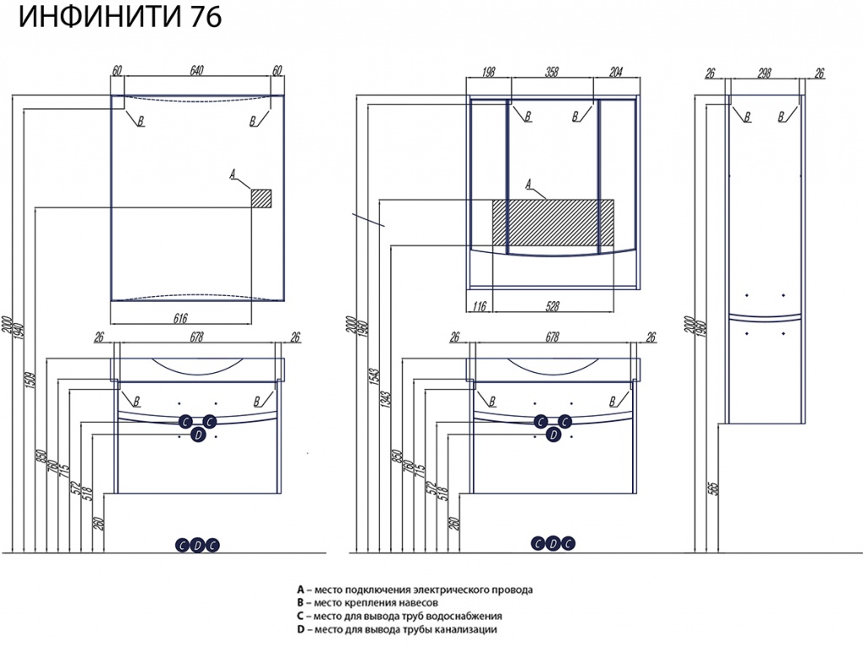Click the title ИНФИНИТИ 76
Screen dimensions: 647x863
point(119,18)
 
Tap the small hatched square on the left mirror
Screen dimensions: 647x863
point(261,197)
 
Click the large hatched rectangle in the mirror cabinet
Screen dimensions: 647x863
point(553,224)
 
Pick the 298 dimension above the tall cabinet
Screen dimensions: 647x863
point(764,73)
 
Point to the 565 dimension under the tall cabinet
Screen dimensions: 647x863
point(712,488)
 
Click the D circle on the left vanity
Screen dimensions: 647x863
point(197,435)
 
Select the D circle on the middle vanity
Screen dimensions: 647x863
point(553,435)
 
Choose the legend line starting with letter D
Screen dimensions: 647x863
point(396,629)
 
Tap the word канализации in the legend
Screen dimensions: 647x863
point(467,629)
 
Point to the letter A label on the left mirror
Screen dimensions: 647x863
point(233,175)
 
